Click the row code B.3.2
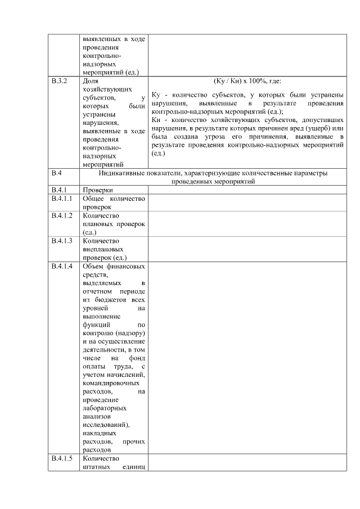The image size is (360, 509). click(x=59, y=82)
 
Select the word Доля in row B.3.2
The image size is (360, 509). click(x=91, y=82)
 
